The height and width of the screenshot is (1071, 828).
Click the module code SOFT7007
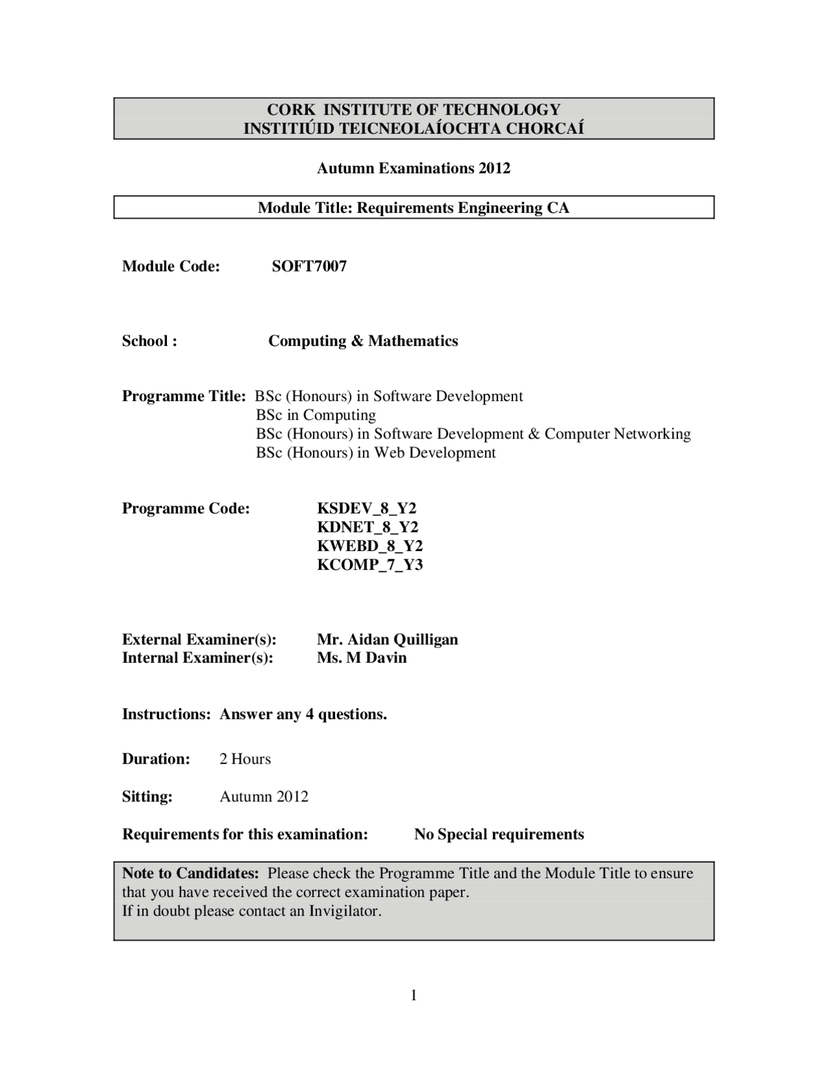[309, 266]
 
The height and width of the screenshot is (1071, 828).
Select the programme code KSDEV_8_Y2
[367, 508]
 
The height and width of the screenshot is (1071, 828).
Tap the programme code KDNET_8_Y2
[367, 527]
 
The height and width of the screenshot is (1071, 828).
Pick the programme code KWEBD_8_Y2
[370, 546]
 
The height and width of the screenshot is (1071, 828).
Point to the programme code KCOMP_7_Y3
[370, 565]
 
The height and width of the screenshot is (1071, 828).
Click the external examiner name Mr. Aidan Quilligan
[387, 640]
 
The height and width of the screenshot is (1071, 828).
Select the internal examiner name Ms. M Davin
[362, 658]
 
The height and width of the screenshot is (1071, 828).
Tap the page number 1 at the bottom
[414, 995]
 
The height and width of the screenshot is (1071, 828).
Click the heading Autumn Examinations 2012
[413, 169]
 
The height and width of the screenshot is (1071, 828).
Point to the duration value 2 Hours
[245, 759]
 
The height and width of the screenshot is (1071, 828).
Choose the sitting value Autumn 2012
[264, 797]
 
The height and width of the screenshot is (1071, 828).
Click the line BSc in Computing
[316, 415]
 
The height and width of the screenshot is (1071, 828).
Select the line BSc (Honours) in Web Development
[376, 453]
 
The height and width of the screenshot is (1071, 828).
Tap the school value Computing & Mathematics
[363, 341]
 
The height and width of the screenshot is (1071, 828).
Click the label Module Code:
[171, 266]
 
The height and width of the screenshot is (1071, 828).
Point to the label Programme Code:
[186, 508]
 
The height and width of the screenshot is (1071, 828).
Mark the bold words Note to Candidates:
[191, 874]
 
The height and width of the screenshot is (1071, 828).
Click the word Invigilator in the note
[343, 912]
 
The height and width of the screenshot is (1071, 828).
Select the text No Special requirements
[499, 835]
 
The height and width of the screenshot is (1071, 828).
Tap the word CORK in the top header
[290, 110]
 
